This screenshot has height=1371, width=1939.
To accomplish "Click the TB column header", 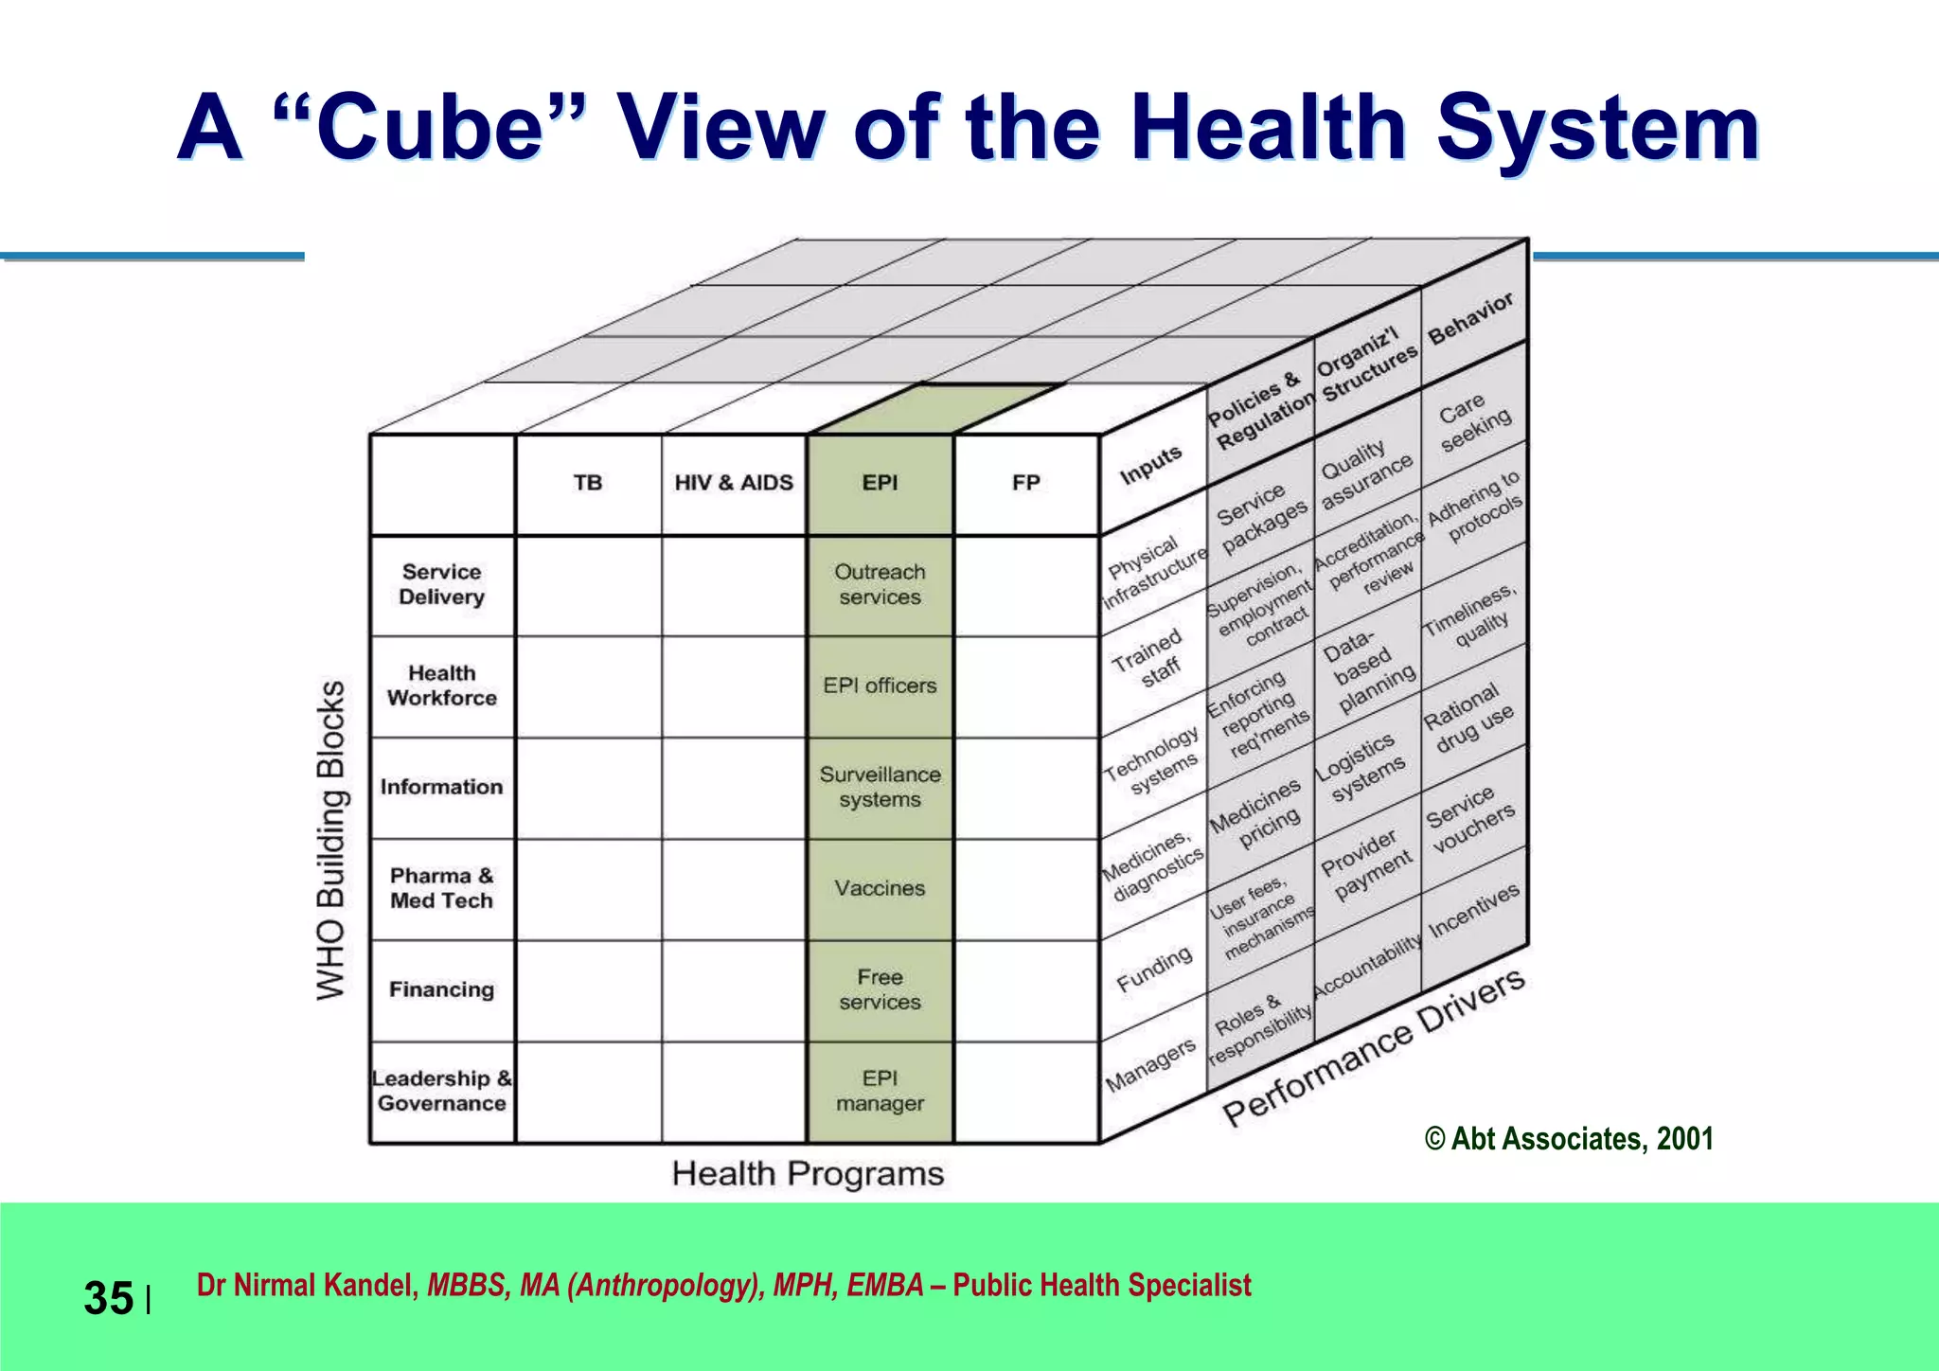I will (588, 483).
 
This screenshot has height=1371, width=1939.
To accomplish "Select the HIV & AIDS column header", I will (734, 483).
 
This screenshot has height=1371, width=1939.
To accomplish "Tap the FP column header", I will (1026, 483).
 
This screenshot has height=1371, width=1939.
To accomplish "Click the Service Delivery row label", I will (441, 584).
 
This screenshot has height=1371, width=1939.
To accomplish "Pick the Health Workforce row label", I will (441, 685).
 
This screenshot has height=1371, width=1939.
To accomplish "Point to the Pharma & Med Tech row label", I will (441, 888).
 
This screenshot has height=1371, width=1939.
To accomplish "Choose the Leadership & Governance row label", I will (441, 1091).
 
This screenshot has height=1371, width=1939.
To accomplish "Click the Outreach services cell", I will (880, 584).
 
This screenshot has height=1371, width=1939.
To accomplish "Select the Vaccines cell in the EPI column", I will (880, 888).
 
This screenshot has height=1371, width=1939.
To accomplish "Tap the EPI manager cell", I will (880, 1091).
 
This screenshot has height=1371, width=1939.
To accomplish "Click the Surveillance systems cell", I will (880, 787).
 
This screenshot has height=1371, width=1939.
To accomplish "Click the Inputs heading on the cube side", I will (1151, 465).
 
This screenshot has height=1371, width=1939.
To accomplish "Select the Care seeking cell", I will (1474, 421).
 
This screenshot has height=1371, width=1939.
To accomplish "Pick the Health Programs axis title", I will (808, 1174).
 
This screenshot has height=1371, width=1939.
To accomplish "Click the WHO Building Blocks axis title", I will (330, 839).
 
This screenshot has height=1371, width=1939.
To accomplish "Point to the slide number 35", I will (109, 1298).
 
